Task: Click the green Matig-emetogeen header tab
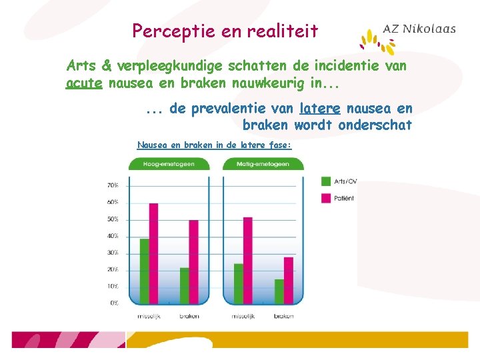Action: click(263, 164)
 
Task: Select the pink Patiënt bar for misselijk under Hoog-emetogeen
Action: click(153, 253)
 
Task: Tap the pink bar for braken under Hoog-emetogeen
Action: click(193, 262)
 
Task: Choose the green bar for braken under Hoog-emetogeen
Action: click(184, 286)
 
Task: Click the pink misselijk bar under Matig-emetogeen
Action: click(248, 261)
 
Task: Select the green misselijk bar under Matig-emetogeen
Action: click(239, 284)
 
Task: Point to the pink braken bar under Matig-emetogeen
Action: click(289, 281)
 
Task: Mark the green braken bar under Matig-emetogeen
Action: click(279, 291)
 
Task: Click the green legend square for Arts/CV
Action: click(327, 181)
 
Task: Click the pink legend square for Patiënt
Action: click(327, 198)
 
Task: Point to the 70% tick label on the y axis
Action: click(113, 185)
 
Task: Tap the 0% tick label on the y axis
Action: click(115, 303)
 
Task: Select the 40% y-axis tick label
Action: click(113, 236)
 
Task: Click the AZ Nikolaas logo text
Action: click(419, 29)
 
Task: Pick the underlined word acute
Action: click(84, 84)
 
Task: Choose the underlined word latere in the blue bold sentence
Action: click(320, 109)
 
